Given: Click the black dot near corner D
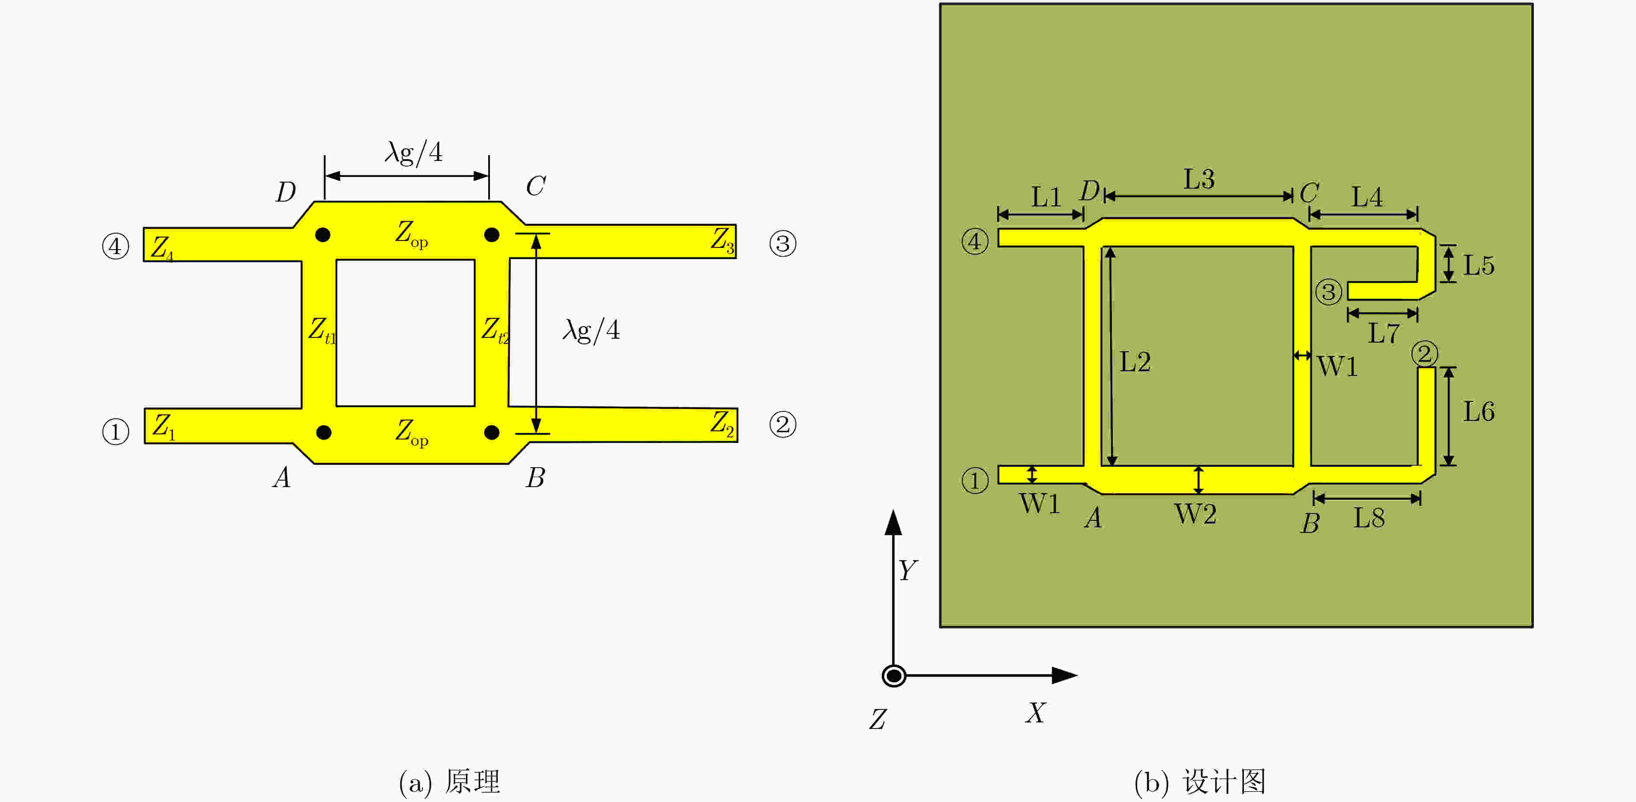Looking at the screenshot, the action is point(322,235).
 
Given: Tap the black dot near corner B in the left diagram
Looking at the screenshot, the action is point(492,433).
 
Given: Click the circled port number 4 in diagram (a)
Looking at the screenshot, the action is point(116,246).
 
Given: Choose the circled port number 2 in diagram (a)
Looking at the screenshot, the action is point(783,424).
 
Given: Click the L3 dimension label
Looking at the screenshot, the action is point(1199,179).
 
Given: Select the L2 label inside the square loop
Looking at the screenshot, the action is point(1135,362).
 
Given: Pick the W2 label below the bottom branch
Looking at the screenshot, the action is point(1195,514).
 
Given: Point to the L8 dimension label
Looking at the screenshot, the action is point(1369,518).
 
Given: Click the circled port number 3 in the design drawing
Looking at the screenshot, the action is point(1328,292).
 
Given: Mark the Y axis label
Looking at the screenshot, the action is point(908,570).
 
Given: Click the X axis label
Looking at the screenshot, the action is point(1035,712).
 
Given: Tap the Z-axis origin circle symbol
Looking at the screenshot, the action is point(894,676).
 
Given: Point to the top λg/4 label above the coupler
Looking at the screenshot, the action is point(413,152).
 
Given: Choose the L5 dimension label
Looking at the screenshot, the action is point(1479,266).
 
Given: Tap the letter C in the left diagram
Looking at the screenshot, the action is point(535,186).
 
